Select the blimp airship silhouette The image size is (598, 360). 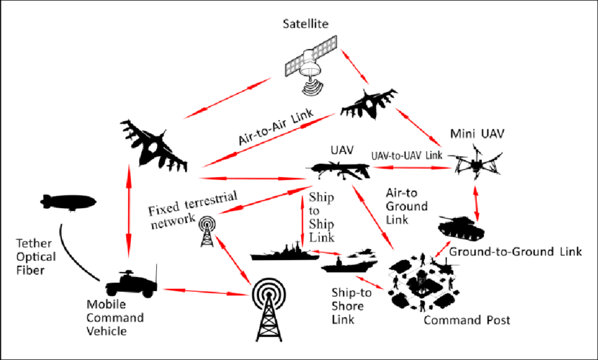69,203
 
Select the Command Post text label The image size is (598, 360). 466,320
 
